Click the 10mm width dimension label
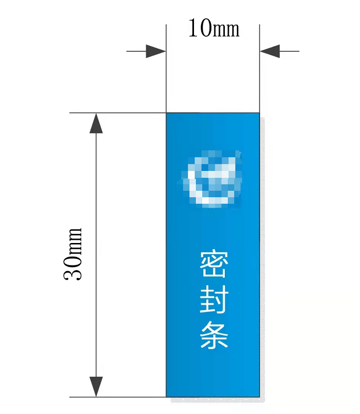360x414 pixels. (213, 29)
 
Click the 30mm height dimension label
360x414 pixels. (73, 254)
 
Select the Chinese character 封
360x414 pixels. (213, 300)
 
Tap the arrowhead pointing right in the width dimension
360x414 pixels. (155, 51)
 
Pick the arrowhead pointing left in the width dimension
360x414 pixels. (270, 51)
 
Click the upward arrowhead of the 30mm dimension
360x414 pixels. (97, 124)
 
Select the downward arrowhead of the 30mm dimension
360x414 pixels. (97, 386)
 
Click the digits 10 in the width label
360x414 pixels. (197, 29)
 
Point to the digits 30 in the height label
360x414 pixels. (73, 271)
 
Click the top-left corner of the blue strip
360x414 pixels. (166, 114)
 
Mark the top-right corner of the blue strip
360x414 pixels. (259, 114)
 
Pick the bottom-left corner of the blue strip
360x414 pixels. (166, 397)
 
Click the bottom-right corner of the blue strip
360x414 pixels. (259, 397)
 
